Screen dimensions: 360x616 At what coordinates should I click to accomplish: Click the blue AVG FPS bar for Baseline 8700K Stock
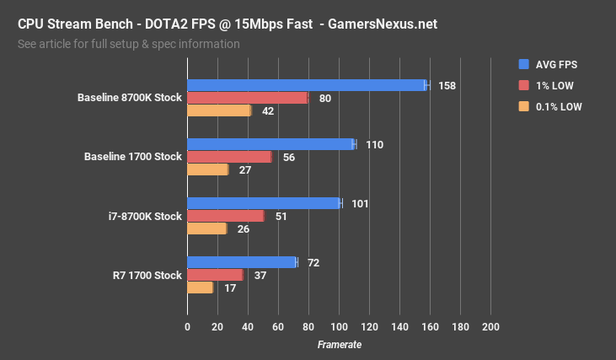coord(307,85)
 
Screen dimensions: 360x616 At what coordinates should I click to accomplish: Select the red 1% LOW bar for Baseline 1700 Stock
coord(228,157)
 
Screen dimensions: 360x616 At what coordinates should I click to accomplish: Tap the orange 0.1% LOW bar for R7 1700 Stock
coord(200,287)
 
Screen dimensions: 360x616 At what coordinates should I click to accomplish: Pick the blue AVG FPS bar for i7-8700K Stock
coord(263,203)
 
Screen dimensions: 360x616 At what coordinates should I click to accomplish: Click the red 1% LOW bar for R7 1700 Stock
coord(215,275)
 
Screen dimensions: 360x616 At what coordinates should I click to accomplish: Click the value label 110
coord(374,144)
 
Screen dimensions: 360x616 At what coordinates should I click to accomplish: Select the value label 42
coord(268,110)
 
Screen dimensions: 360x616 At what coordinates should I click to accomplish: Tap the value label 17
coord(229,287)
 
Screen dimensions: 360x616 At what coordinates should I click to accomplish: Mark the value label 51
coord(281,216)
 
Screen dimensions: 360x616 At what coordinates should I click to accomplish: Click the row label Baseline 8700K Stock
coord(129,98)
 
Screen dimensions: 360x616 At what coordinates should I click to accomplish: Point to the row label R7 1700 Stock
coord(147,275)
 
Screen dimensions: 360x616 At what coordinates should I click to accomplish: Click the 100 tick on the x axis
coord(339,327)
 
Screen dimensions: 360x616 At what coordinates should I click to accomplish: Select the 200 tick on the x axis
coord(490,327)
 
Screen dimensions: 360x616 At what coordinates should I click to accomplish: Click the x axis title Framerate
coord(339,345)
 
